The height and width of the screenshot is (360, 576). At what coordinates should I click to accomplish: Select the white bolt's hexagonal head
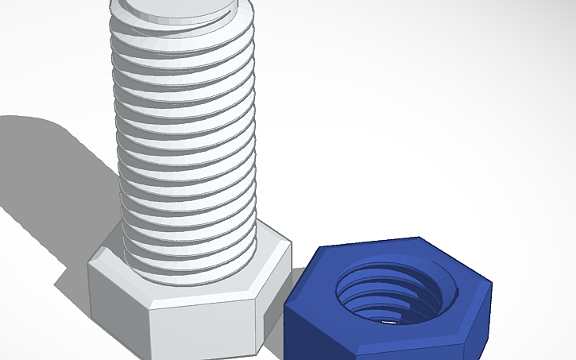click(191, 302)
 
